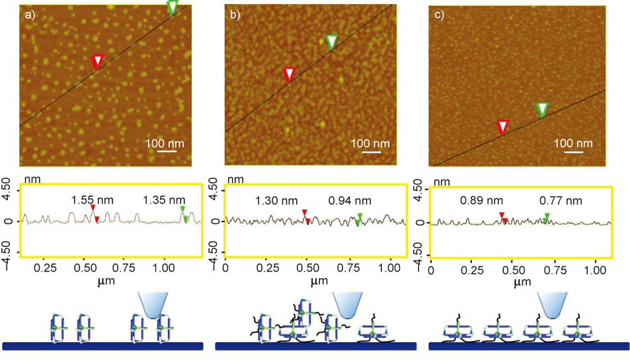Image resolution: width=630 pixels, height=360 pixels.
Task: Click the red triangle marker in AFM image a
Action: click(x=97, y=61)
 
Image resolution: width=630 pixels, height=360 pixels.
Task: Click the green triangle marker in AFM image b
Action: click(x=332, y=42)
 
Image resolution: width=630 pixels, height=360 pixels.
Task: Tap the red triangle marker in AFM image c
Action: click(x=502, y=126)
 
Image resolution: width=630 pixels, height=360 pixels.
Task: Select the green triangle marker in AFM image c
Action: click(x=542, y=110)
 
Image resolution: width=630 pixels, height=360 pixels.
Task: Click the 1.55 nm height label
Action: click(x=93, y=199)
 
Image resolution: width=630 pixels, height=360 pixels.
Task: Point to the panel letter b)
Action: click(x=234, y=15)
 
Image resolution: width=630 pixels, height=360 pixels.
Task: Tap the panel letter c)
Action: click(x=438, y=15)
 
